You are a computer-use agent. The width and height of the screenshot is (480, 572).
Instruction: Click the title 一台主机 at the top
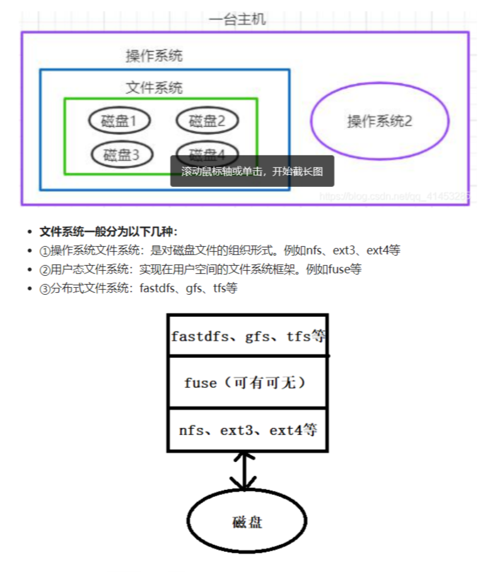(x=237, y=20)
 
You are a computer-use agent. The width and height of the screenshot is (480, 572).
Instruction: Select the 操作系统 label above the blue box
(x=154, y=56)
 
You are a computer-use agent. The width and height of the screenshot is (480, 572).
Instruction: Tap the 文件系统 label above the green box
(x=154, y=87)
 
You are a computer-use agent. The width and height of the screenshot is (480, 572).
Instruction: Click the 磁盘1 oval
(x=119, y=121)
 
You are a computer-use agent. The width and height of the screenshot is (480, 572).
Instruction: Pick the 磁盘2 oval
(x=207, y=121)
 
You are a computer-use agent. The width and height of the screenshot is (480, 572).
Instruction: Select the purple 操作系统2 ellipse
(x=380, y=121)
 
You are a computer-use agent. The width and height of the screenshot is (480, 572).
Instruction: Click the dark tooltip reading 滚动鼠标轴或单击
(x=252, y=171)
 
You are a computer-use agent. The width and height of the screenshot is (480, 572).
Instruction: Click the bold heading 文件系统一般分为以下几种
(x=108, y=232)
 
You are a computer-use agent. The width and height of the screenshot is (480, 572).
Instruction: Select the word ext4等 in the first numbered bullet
(x=383, y=251)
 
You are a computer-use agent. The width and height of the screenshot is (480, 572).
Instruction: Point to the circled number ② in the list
(x=45, y=270)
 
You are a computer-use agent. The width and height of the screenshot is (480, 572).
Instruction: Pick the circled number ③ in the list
(x=45, y=289)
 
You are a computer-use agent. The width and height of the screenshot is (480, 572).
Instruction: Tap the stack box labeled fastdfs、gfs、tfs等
(x=248, y=335)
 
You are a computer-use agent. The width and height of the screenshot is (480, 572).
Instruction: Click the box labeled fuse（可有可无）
(x=248, y=383)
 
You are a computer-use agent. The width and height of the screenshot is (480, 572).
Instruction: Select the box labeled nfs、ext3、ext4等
(x=248, y=431)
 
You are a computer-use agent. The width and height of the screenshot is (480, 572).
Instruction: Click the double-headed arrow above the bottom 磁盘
(x=243, y=470)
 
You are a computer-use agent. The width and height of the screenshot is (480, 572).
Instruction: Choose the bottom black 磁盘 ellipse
(x=247, y=521)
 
